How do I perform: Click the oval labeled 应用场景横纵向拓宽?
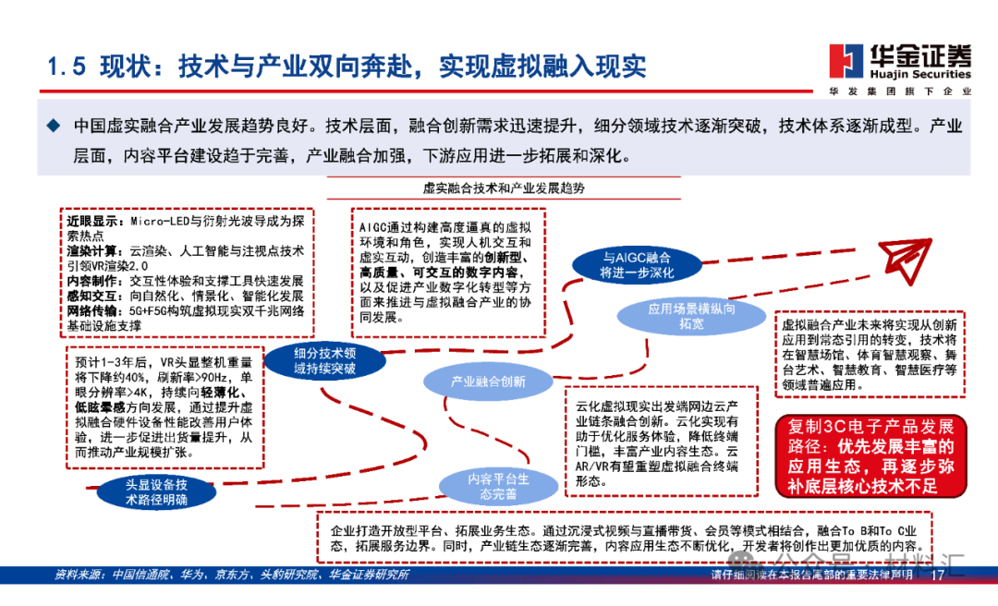691,317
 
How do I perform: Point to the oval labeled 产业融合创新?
488,381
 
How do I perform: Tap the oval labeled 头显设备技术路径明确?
156,491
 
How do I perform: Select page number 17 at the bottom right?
939,576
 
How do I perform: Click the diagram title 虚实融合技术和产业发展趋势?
504,188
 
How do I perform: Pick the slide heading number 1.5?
67,67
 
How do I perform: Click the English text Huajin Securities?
920,74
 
